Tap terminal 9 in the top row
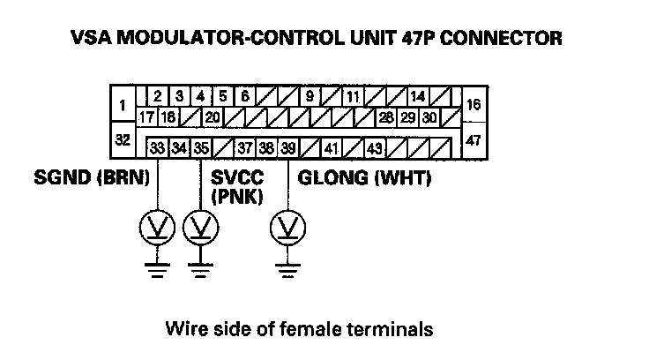coord(310,95)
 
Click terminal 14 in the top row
coord(418,95)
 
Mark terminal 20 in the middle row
coord(212,116)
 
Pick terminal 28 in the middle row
coord(386,116)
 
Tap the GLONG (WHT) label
coord(363,179)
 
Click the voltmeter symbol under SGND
coord(157,229)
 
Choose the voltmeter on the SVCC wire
coord(200,229)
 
